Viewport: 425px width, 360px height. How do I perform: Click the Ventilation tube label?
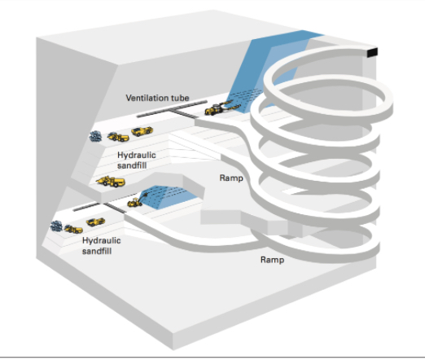tap(157, 99)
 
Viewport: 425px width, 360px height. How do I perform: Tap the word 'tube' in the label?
tap(180, 99)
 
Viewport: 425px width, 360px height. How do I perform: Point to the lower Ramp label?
tap(271, 260)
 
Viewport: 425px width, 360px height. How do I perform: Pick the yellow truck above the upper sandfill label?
tap(141, 131)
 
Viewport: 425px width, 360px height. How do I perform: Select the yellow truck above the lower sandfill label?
tap(94, 222)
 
